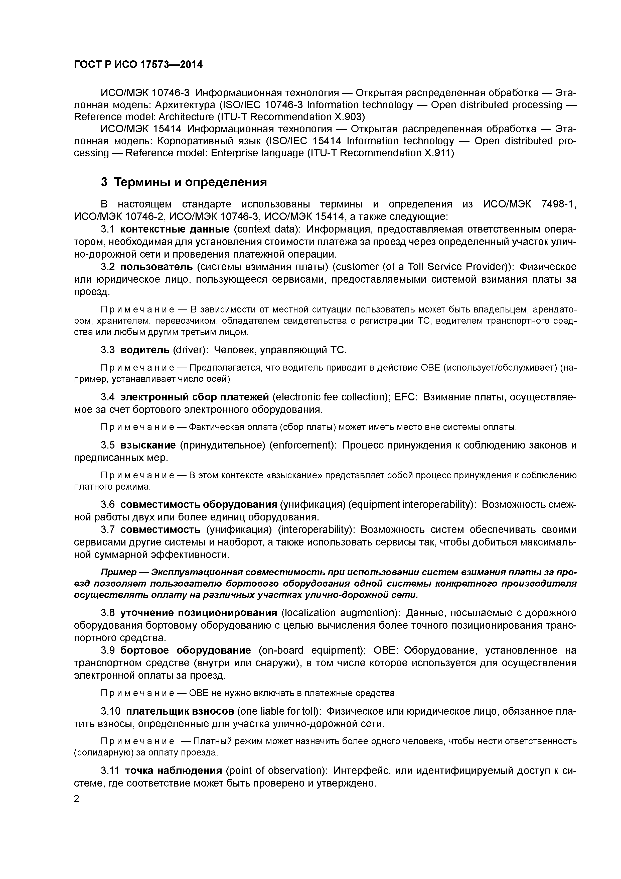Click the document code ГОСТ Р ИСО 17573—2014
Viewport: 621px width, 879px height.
[138, 65]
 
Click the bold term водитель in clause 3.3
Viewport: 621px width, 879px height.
[145, 350]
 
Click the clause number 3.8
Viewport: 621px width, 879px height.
[107, 613]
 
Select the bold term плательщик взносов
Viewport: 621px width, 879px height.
[180, 711]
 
